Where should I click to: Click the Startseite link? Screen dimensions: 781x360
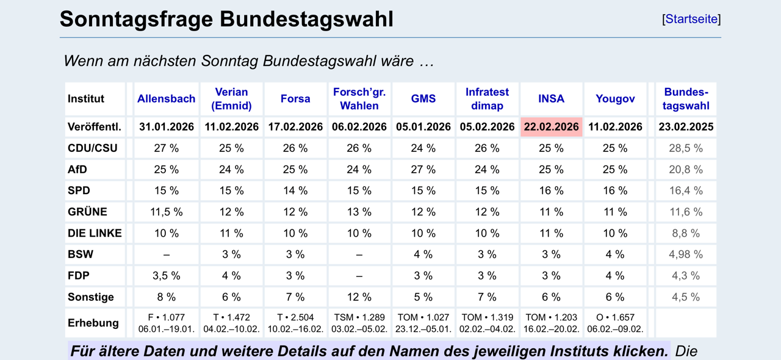(x=691, y=19)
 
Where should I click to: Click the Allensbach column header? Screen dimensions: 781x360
(x=167, y=99)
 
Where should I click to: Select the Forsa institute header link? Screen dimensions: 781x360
(x=295, y=99)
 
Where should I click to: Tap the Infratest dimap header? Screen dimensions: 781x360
(x=487, y=99)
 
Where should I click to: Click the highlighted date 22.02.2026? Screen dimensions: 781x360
(x=551, y=127)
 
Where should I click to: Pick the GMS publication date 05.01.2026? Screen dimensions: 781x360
(x=423, y=127)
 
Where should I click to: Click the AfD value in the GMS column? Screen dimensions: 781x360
(x=423, y=170)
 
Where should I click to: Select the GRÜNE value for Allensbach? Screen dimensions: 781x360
(x=167, y=212)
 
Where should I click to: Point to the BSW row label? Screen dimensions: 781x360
(x=81, y=254)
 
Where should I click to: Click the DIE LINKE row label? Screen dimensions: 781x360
(x=95, y=233)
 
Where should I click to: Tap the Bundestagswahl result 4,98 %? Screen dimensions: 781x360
(x=686, y=254)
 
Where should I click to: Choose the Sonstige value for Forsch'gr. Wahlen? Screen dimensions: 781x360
(x=359, y=297)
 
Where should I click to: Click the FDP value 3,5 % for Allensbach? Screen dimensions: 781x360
(x=167, y=276)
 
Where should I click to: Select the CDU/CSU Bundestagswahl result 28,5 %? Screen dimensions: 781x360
(x=686, y=148)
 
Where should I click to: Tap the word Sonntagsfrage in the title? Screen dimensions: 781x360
(x=136, y=19)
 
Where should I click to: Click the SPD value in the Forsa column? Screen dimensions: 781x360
(x=295, y=191)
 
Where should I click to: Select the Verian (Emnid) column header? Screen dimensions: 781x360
(x=231, y=99)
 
